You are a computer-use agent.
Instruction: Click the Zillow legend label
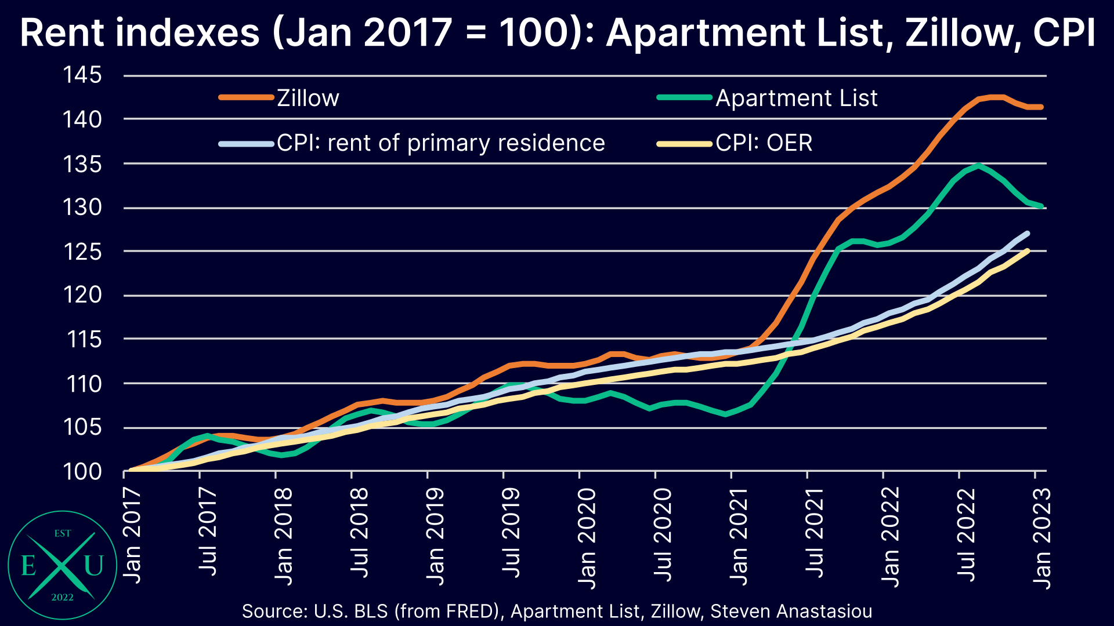(x=308, y=98)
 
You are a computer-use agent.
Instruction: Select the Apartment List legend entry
(x=796, y=98)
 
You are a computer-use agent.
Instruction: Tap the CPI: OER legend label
(x=764, y=143)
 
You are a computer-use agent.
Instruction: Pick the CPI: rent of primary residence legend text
(x=440, y=143)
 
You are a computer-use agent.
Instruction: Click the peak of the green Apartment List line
(x=979, y=165)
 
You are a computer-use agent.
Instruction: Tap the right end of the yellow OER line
(x=1028, y=250)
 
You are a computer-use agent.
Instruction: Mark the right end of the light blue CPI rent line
(x=1028, y=233)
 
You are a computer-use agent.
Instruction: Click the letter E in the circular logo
(x=28, y=565)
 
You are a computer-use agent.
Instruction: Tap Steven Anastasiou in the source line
(x=791, y=611)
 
